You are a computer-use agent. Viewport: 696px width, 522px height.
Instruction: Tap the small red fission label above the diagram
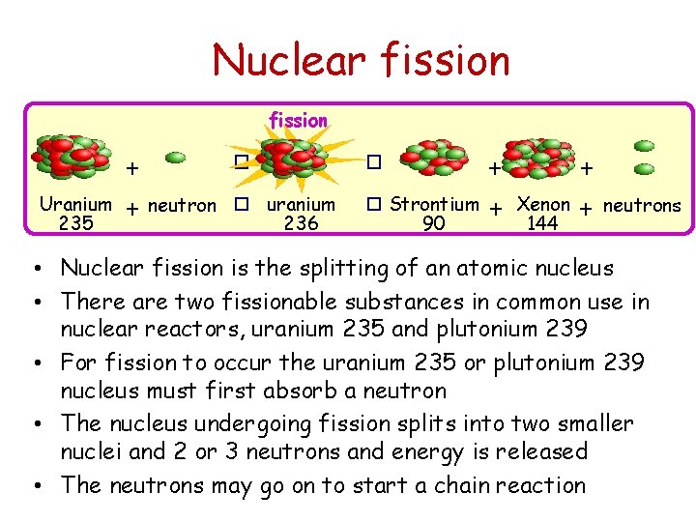(x=299, y=121)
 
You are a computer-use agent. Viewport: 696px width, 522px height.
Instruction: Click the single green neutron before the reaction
(x=177, y=157)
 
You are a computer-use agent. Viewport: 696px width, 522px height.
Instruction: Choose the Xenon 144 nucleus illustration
(x=539, y=158)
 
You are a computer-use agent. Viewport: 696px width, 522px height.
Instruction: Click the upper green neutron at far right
(x=645, y=145)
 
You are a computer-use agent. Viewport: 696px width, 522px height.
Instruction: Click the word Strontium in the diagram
(x=434, y=204)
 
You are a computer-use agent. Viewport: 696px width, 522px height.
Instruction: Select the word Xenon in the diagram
(x=543, y=204)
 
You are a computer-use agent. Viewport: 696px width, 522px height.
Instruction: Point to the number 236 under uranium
(x=301, y=224)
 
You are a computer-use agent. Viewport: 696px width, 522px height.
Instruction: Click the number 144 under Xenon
(x=542, y=224)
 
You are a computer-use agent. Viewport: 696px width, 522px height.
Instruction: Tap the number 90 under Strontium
(x=434, y=224)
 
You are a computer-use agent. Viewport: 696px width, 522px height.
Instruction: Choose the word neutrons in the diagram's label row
(x=642, y=205)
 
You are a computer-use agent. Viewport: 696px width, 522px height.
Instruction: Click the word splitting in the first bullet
(x=320, y=268)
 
